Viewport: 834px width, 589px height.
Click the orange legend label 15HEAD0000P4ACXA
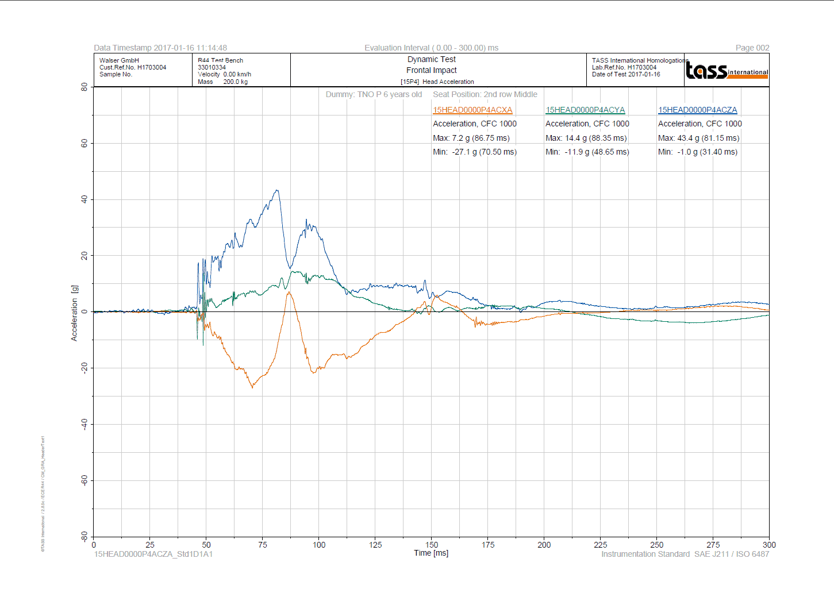tap(472, 110)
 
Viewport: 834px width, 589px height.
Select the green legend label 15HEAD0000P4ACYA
tap(585, 110)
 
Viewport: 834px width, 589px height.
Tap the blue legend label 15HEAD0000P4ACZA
tap(697, 110)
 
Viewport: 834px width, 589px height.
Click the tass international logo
tap(727, 70)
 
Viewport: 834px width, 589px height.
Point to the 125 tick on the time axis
tap(375, 545)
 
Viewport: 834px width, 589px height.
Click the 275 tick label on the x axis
tap(713, 545)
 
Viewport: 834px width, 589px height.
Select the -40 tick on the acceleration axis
tap(84, 424)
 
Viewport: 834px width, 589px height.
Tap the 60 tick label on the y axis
tap(84, 143)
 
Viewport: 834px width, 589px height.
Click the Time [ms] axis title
tap(431, 553)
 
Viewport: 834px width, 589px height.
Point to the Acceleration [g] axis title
tap(74, 313)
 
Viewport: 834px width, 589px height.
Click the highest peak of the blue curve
tap(277, 190)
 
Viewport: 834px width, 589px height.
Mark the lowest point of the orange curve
tap(252, 387)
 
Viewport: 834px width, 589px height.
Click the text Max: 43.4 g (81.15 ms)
tap(698, 138)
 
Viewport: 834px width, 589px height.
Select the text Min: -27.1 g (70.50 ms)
tap(474, 152)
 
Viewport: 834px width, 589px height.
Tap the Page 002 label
tap(752, 48)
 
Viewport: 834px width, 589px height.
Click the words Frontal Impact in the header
tap(431, 70)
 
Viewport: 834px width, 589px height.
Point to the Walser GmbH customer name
tap(119, 60)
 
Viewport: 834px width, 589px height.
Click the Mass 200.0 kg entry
tap(222, 82)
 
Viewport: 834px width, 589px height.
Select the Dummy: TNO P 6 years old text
tap(374, 94)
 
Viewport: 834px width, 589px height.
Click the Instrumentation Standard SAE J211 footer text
tap(685, 554)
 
